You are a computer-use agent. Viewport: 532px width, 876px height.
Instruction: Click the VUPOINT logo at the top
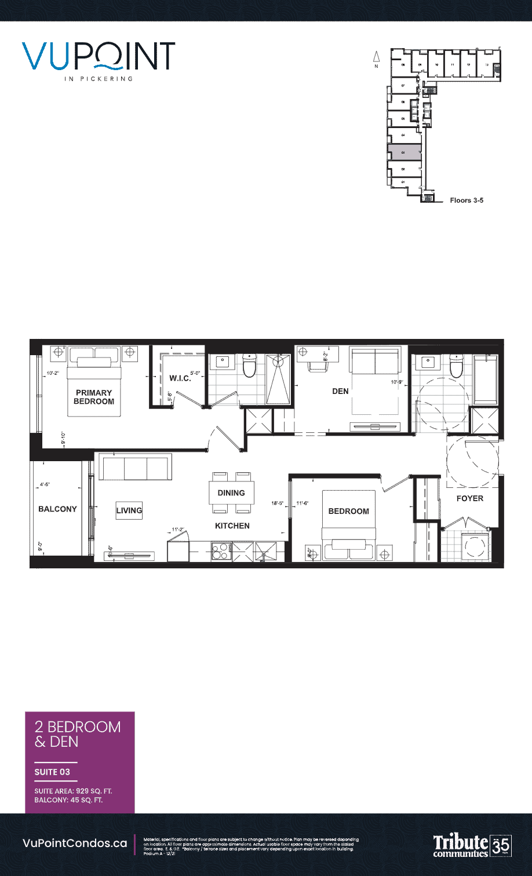99,56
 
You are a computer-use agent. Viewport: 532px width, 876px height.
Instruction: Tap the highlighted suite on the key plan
404,152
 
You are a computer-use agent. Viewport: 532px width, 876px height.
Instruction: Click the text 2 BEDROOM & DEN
78,734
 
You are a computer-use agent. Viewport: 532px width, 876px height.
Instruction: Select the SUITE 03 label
52,772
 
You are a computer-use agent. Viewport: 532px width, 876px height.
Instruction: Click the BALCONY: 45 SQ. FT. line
68,800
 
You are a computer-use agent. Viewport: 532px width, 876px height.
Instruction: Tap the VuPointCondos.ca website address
75,844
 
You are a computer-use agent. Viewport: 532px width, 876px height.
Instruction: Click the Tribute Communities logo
460,846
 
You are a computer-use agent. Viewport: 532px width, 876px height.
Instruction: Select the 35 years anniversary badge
501,846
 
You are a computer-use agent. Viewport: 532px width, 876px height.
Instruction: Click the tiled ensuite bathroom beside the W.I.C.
236,378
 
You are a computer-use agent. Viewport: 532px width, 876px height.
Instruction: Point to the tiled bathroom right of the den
440,393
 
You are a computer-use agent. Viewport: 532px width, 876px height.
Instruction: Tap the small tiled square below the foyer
465,546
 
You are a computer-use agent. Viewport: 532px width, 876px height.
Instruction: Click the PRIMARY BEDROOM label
94,397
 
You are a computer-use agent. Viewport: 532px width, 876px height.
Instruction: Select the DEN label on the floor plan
340,391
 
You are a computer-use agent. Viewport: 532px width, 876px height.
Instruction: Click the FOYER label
470,498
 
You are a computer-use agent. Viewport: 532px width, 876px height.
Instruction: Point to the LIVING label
129,510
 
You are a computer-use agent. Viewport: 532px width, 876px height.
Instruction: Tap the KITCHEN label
232,526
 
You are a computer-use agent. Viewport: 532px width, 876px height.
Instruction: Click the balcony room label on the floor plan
58,509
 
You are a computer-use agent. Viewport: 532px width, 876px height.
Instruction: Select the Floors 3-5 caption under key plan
467,201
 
